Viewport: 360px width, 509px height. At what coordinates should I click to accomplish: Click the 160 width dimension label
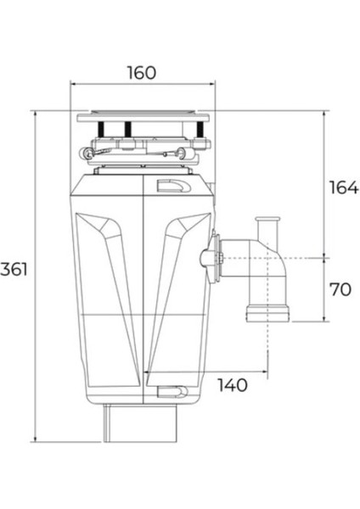click(142, 72)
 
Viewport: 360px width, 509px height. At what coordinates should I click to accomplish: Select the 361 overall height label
click(14, 271)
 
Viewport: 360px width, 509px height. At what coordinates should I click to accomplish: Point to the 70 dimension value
click(340, 289)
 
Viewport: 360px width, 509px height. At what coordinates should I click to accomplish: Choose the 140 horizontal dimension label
click(233, 385)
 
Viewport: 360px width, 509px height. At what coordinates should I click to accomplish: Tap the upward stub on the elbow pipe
click(267, 227)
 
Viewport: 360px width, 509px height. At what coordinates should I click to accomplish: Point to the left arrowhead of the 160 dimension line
click(73, 85)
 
